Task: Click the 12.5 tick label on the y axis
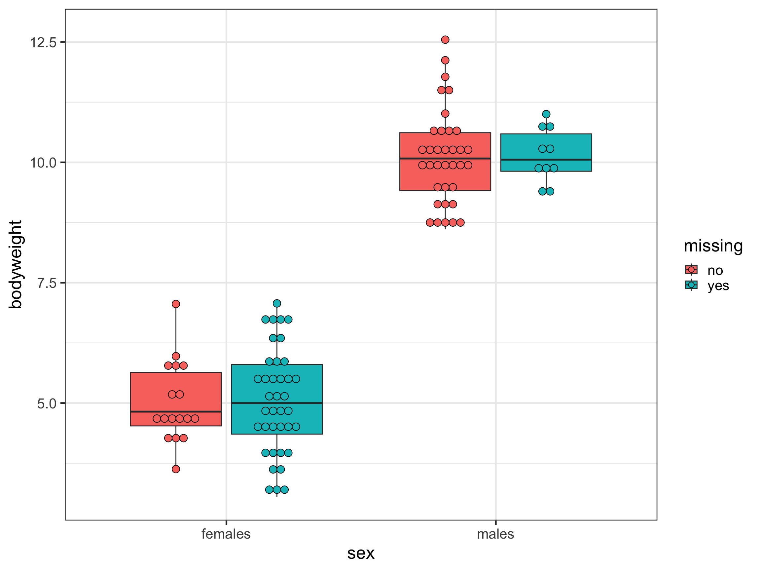(x=43, y=43)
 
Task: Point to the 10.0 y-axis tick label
(x=43, y=163)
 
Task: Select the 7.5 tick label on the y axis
(x=47, y=283)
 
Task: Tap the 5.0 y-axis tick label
(x=47, y=403)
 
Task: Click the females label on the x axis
(x=226, y=534)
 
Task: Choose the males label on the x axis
(x=495, y=534)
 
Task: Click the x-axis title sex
(x=361, y=553)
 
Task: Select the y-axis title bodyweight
(x=16, y=264)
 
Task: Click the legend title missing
(x=713, y=246)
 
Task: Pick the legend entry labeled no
(x=715, y=271)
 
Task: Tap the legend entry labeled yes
(x=718, y=286)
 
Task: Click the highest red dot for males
(x=445, y=40)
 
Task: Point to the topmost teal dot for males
(x=546, y=114)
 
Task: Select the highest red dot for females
(x=176, y=304)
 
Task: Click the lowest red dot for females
(x=176, y=469)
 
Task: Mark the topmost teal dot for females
(x=277, y=303)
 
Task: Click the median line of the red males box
(x=445, y=158)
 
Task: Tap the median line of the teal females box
(x=277, y=403)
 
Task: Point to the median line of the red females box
(x=176, y=412)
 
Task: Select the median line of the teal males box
(x=546, y=160)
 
